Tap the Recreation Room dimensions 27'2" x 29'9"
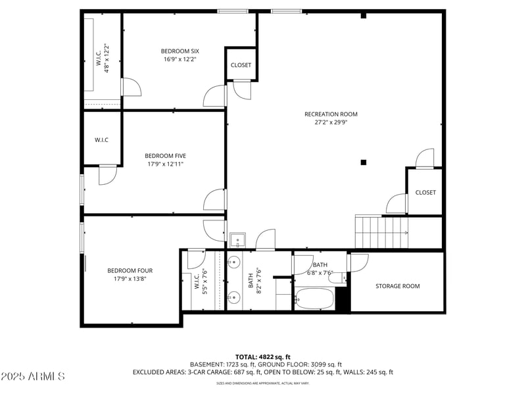click(x=331, y=122)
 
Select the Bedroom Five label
click(x=165, y=156)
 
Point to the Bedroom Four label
click(x=130, y=270)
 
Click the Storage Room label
click(x=397, y=286)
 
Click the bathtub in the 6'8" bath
click(x=315, y=299)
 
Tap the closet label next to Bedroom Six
click(x=241, y=65)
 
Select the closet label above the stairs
click(x=425, y=192)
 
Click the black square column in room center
click(x=363, y=162)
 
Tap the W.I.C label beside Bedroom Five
click(x=101, y=139)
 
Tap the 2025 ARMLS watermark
click(x=33, y=376)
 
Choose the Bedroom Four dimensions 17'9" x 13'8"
click(x=130, y=279)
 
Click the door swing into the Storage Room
click(x=358, y=262)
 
